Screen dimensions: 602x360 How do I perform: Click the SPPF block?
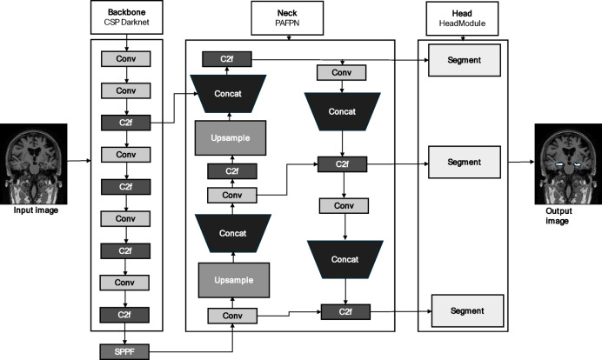(124, 351)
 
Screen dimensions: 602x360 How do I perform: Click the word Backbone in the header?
(127, 12)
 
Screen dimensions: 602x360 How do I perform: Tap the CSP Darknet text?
(127, 23)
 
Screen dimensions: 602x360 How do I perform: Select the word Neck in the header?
(287, 13)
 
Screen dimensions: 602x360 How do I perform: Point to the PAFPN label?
(287, 23)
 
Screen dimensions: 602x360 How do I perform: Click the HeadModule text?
(462, 23)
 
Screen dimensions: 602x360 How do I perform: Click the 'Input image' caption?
(36, 210)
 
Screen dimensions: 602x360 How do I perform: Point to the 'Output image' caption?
(559, 216)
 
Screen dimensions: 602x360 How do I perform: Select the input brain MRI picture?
(34, 163)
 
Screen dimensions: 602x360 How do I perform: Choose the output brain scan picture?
(568, 163)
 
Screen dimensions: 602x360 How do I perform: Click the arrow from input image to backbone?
(79, 161)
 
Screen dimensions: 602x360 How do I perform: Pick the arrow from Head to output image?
(521, 162)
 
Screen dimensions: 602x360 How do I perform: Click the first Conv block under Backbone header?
(126, 59)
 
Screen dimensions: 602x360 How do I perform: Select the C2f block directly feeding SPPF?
(124, 315)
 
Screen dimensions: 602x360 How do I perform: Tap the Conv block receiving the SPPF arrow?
(232, 316)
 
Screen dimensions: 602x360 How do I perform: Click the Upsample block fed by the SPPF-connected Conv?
(234, 280)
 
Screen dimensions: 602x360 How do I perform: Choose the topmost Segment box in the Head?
(465, 60)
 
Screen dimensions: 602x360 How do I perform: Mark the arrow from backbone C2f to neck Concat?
(174, 108)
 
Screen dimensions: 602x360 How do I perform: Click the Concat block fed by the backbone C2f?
(228, 94)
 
